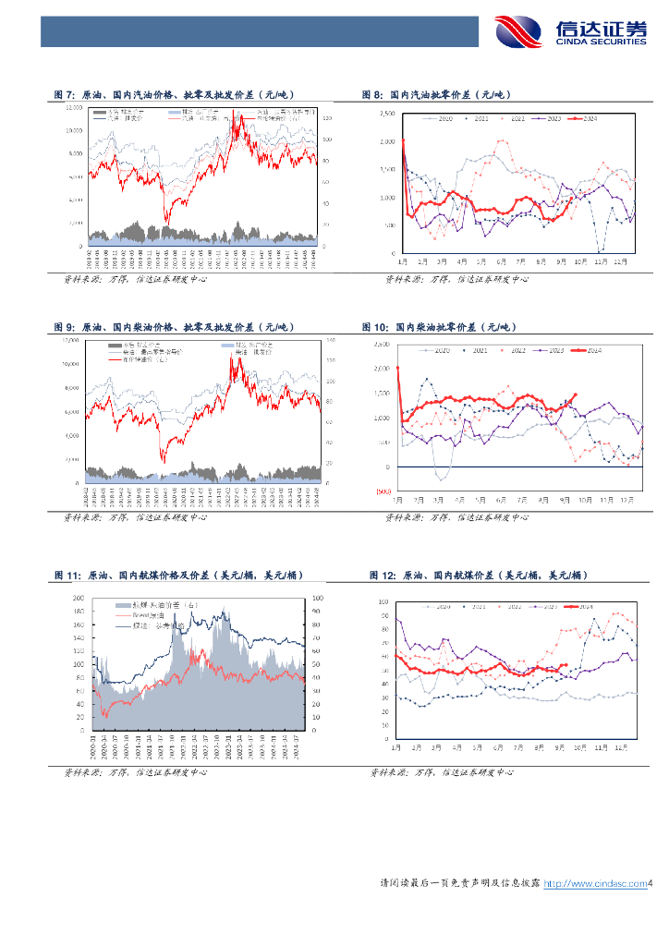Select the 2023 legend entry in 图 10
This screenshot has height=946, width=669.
click(x=551, y=351)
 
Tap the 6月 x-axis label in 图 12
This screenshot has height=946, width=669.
click(x=501, y=746)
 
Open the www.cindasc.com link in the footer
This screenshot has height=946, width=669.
click(x=593, y=884)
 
